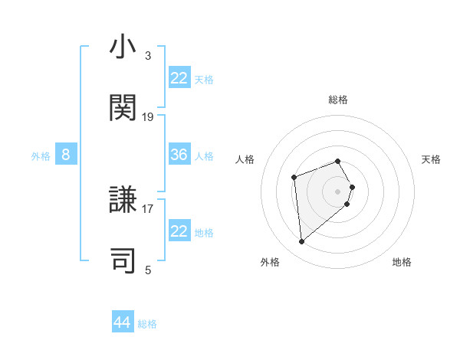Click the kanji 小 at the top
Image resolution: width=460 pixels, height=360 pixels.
123,47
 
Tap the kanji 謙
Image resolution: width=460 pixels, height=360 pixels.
123,200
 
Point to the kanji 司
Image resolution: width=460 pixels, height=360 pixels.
123,260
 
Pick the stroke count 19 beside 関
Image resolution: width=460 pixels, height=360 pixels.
148,116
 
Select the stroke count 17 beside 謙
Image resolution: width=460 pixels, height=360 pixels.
148,208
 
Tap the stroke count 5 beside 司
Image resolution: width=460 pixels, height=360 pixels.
148,270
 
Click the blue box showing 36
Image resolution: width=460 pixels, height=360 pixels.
179,155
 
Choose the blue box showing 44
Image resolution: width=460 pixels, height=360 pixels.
123,322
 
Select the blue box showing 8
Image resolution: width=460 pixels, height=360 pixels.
66,155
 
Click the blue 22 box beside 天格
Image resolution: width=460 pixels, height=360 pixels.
179,78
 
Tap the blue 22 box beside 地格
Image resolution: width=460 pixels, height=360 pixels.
179,231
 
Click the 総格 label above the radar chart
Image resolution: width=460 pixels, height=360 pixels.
338,100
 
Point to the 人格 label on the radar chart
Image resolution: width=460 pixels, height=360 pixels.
245,159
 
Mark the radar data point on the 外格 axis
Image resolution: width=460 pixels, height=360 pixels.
302,242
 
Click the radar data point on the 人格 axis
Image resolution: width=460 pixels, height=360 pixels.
294,178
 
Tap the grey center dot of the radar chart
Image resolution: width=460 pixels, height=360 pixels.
338,191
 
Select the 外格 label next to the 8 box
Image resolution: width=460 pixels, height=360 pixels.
41,156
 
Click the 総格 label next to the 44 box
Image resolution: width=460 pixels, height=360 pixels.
147,324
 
